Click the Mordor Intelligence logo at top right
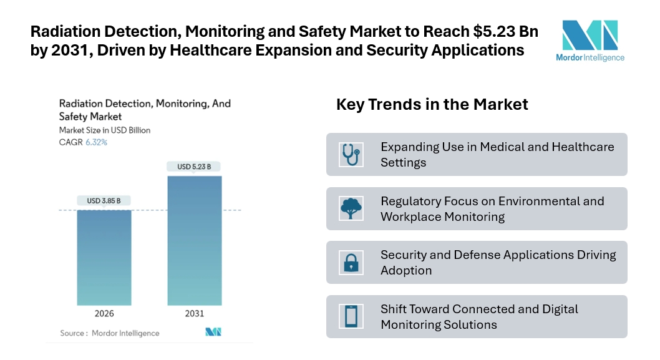pyautogui.click(x=590, y=40)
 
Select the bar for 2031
pyautogui.click(x=194, y=240)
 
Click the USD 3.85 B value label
pyautogui.click(x=104, y=201)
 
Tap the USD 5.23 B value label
pyautogui.click(x=194, y=167)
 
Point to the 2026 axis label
pyautogui.click(x=104, y=314)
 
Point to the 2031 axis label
pyautogui.click(x=194, y=314)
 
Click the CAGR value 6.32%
pyautogui.click(x=97, y=142)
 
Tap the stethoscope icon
pyautogui.click(x=351, y=154)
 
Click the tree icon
pyautogui.click(x=351, y=208)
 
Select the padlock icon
pyautogui.click(x=351, y=263)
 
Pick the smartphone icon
pyautogui.click(x=351, y=316)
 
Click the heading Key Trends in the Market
pyautogui.click(x=432, y=104)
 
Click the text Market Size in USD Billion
pyautogui.click(x=105, y=130)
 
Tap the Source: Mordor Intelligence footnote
pyautogui.click(x=110, y=333)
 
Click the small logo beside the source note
pyautogui.click(x=214, y=332)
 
